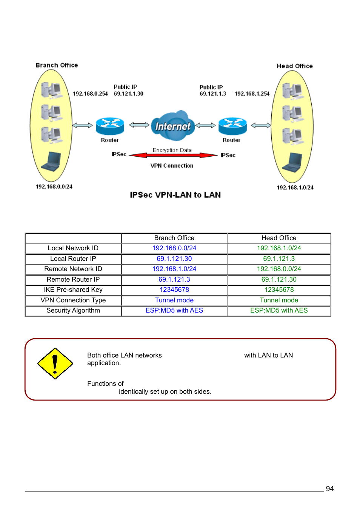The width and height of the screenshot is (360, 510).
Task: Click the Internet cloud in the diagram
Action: pyautogui.click(x=173, y=125)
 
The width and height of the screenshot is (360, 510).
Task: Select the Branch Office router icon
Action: pyautogui.click(x=110, y=126)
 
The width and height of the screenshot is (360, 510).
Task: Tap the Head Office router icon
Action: pyautogui.click(x=232, y=126)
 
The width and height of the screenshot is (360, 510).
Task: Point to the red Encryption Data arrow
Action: pyautogui.click(x=173, y=155)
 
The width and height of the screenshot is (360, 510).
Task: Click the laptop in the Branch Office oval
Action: pyautogui.click(x=51, y=162)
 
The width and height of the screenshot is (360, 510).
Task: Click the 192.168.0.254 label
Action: pyautogui.click(x=90, y=94)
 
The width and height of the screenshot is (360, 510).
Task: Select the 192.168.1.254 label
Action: pyautogui.click(x=252, y=94)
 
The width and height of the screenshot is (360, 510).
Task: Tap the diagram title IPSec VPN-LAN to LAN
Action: pyautogui.click(x=175, y=195)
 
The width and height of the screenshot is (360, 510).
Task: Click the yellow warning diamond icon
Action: pyautogui.click(x=55, y=364)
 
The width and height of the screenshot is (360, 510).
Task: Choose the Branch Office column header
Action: pyautogui.click(x=174, y=238)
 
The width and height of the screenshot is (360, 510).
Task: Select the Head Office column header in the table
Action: pyautogui.click(x=279, y=238)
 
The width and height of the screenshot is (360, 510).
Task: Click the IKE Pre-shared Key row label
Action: pyautogui.click(x=73, y=290)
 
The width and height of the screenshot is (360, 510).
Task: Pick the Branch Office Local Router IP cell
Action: pyautogui.click(x=174, y=259)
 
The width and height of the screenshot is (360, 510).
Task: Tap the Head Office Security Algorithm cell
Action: pyautogui.click(x=279, y=310)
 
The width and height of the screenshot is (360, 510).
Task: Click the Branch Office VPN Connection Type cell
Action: pyautogui.click(x=174, y=300)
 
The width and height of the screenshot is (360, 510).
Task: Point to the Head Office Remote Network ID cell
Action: pyautogui.click(x=279, y=269)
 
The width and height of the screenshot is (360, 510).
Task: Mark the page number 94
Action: pyautogui.click(x=329, y=488)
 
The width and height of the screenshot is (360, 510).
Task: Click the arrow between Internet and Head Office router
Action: pyautogui.click(x=205, y=125)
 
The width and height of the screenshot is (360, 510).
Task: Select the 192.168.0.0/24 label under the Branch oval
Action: pyautogui.click(x=54, y=186)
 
